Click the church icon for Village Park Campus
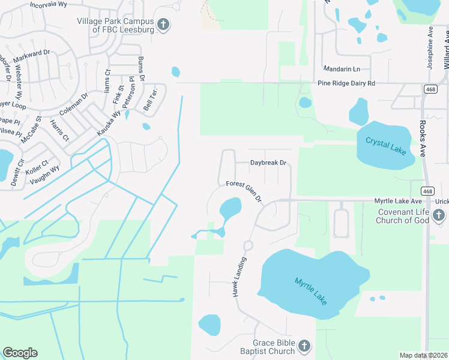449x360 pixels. click(163, 25)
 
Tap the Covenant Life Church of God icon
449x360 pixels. click(439, 215)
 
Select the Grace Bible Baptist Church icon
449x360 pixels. click(304, 346)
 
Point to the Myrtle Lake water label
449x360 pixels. click(311, 290)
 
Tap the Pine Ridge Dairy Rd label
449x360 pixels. click(346, 83)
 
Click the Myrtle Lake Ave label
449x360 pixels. click(399, 201)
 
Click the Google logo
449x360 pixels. click(20, 353)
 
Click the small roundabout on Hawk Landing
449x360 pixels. click(247, 245)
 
